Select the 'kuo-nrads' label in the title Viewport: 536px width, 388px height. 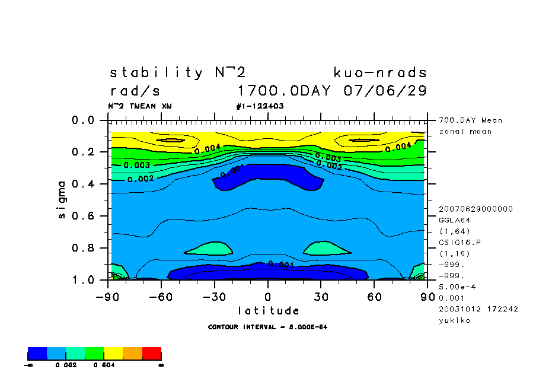380,73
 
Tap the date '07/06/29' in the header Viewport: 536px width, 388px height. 385,91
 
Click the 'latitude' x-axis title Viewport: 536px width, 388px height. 268,311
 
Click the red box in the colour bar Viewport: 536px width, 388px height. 152,354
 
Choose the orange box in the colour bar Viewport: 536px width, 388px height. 132,354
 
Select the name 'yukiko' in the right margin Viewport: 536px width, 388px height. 454,320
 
